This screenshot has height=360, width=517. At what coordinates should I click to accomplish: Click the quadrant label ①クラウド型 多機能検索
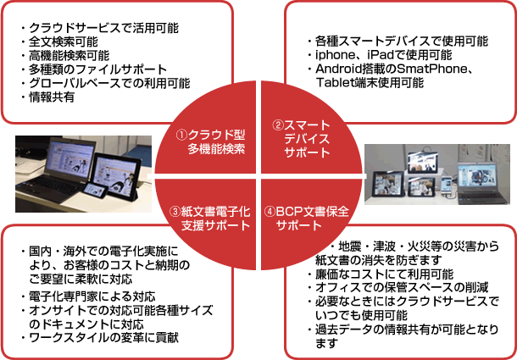[x=211, y=141]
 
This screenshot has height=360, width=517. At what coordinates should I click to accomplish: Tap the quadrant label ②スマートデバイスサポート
[x=302, y=138]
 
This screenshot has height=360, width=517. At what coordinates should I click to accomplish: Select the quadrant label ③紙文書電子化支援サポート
[x=210, y=219]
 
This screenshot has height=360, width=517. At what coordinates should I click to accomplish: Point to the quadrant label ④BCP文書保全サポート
[x=306, y=219]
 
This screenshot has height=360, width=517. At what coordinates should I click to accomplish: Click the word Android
[x=339, y=69]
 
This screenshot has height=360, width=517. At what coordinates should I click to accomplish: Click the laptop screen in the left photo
[x=69, y=158]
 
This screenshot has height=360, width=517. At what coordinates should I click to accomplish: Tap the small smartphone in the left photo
[x=95, y=191]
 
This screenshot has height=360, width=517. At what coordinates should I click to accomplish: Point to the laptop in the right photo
[x=481, y=182]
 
